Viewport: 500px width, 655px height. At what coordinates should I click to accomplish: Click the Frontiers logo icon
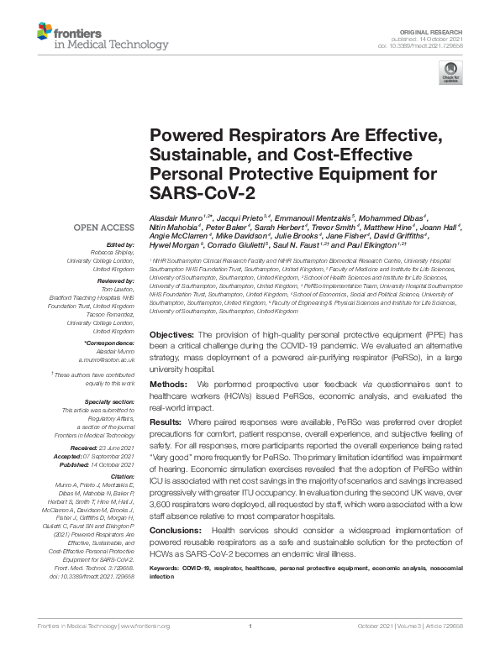pyautogui.click(x=44, y=34)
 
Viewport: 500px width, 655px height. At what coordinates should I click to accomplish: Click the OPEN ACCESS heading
pyautogui.click(x=105, y=228)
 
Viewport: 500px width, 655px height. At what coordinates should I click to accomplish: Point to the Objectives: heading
pyautogui.click(x=174, y=334)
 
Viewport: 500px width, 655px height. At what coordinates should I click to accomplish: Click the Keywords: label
pyautogui.click(x=166, y=569)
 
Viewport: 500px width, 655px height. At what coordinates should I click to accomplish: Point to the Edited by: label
pyautogui.click(x=116, y=242)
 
